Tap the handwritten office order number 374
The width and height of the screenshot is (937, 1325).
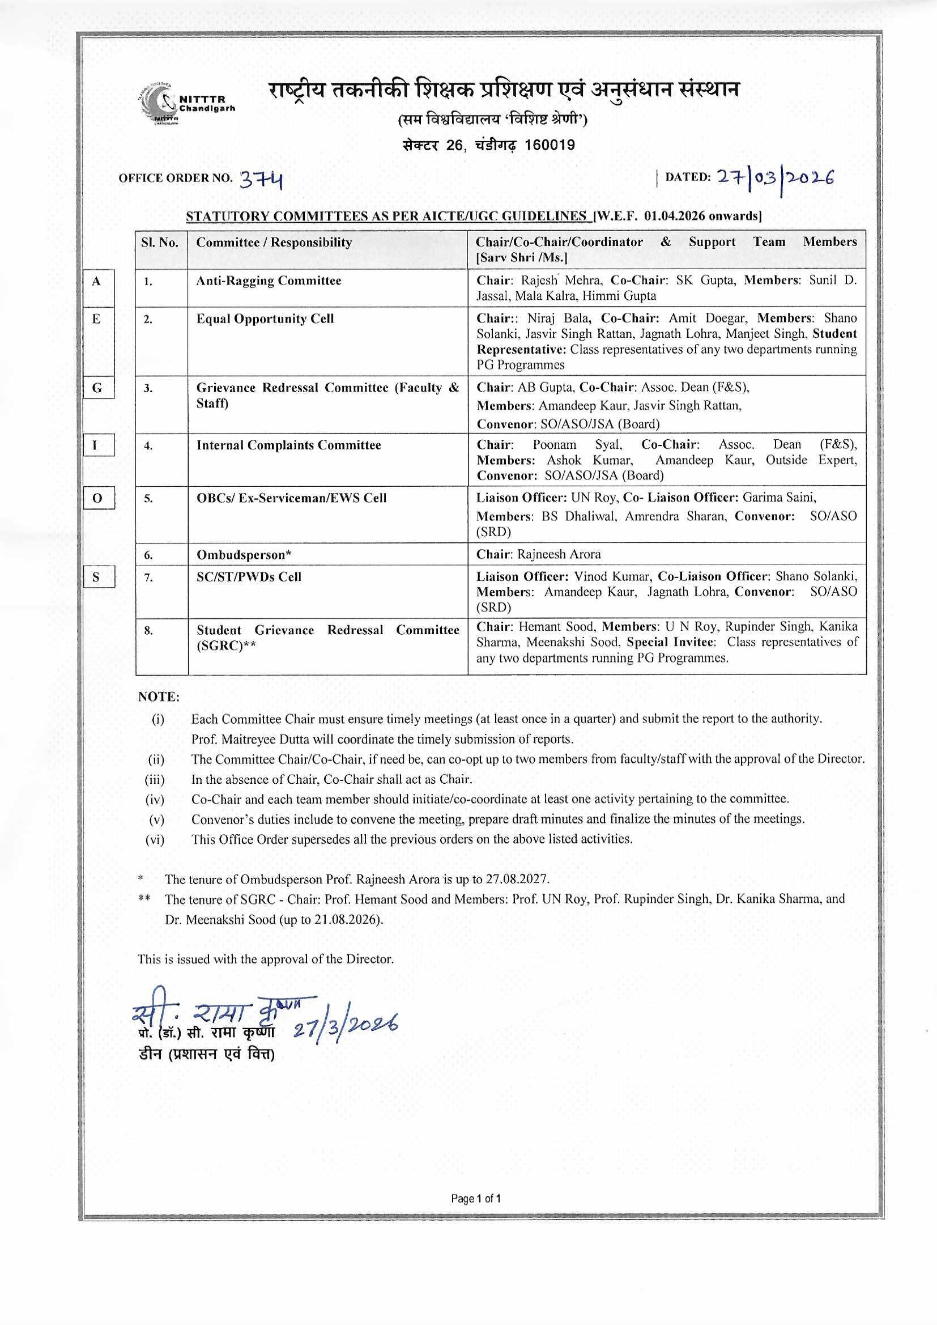[261, 180]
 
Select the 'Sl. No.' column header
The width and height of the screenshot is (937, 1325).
[160, 243]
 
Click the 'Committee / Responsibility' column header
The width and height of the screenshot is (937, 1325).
[274, 243]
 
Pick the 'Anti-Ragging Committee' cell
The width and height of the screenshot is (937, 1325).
[269, 281]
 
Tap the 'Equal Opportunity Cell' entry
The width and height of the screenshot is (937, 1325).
[265, 319]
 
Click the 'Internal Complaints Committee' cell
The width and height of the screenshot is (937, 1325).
[288, 445]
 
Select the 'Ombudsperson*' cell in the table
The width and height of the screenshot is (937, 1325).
[244, 555]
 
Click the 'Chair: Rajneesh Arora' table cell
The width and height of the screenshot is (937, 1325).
[538, 555]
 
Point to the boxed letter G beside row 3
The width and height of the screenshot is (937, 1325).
[97, 388]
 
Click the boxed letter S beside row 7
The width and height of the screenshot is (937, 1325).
[96, 577]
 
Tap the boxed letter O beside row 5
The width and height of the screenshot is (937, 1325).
[97, 498]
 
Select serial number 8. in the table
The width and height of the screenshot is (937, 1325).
[148, 631]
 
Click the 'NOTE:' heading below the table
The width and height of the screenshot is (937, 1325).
[159, 697]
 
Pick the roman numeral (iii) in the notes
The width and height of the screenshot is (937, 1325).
[155, 780]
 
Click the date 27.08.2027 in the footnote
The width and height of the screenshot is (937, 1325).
[517, 880]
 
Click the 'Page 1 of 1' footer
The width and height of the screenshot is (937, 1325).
[476, 1199]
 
